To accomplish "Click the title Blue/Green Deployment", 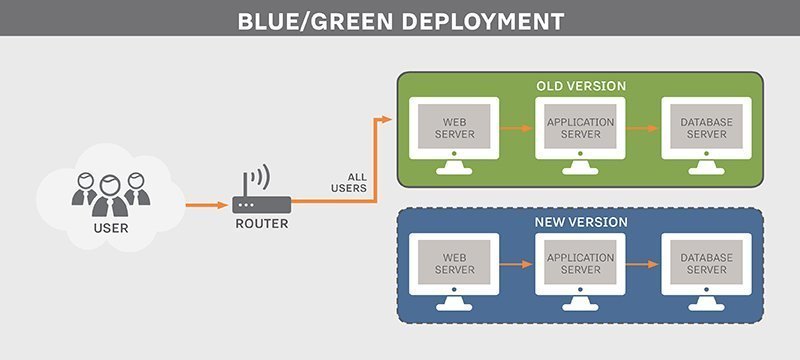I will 400,19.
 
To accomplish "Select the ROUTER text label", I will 261,224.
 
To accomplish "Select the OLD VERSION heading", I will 581,86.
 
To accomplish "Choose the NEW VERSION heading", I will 581,221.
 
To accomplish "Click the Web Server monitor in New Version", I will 454,264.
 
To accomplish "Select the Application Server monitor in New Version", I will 581,264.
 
